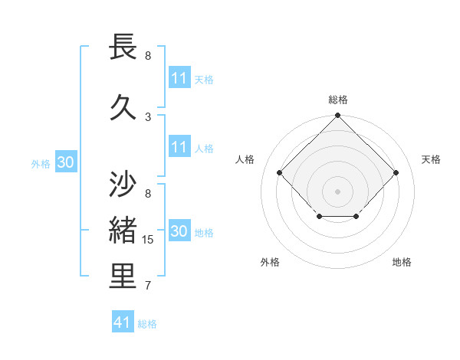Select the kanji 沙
[124, 185]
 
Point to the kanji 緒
[124, 231]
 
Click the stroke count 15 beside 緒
[149, 240]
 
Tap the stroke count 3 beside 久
[148, 116]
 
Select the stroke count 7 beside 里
[148, 286]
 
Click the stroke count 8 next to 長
[148, 56]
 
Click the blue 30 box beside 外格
[65, 162]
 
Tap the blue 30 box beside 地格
[179, 231]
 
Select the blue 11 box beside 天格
[179, 78]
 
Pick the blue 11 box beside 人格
[179, 147]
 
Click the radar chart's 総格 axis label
[337, 100]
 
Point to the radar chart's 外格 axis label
[270, 262]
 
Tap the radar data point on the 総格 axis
[337, 116]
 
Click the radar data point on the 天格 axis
[396, 172]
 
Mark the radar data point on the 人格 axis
[279, 172]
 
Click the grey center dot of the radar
[337, 191]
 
